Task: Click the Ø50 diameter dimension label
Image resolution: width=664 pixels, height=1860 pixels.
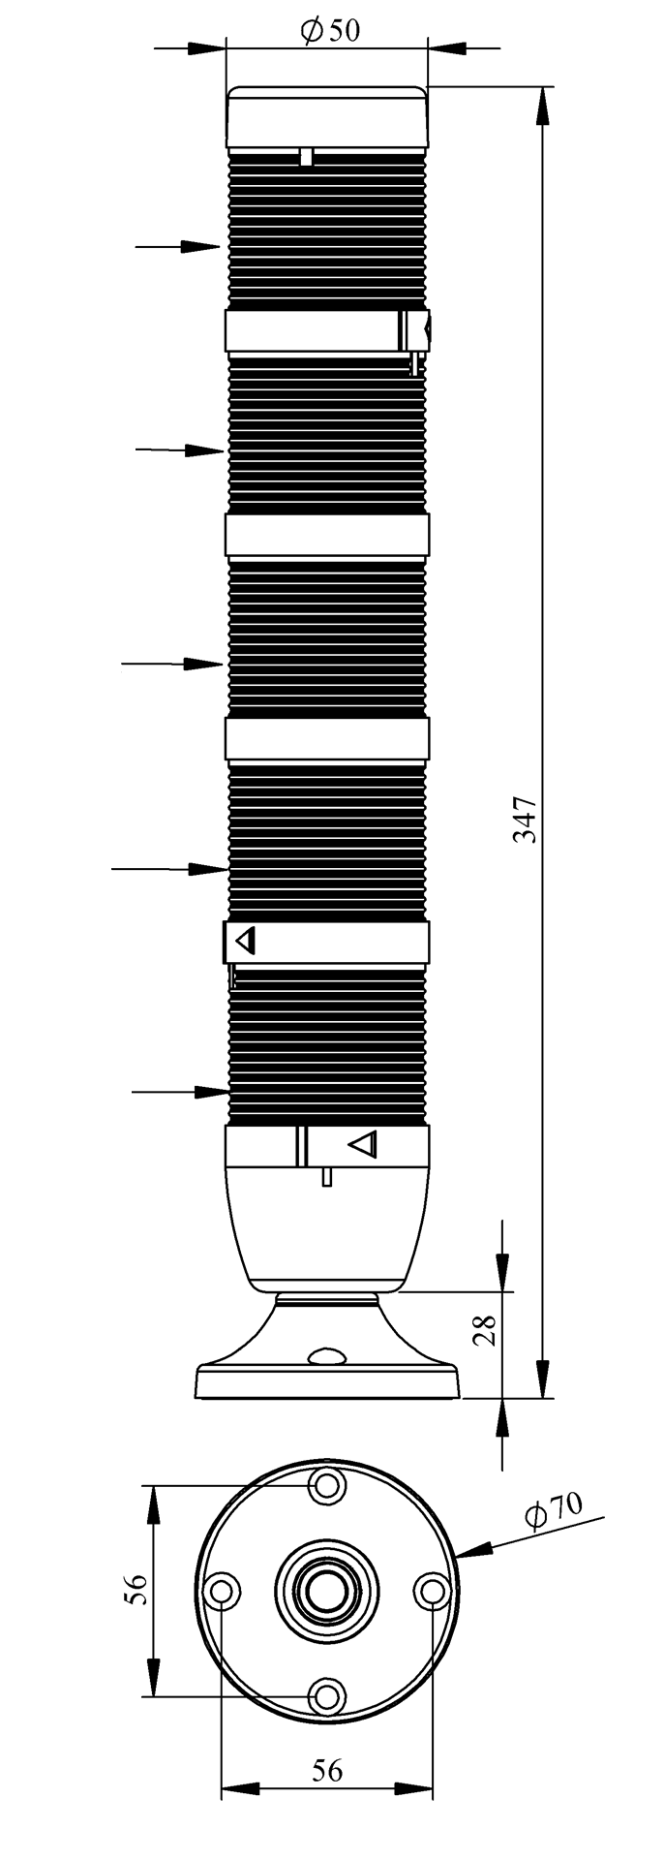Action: click(330, 32)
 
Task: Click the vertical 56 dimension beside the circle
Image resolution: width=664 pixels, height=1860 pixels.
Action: click(136, 1590)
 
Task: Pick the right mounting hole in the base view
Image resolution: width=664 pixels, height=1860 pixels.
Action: click(432, 1591)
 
